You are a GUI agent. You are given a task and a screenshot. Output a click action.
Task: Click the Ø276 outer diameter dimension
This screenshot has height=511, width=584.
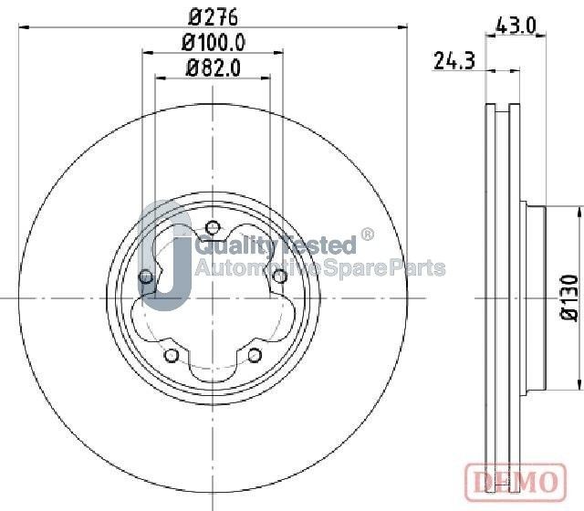pos(213,15)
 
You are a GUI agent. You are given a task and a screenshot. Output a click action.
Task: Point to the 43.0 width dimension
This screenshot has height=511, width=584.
pos(516,26)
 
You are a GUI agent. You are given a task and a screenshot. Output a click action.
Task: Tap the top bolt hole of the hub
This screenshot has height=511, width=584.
pos(213,227)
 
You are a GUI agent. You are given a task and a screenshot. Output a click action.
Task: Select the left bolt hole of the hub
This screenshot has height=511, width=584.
pos(145,276)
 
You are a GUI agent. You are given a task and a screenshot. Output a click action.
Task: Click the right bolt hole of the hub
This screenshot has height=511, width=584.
pos(280,276)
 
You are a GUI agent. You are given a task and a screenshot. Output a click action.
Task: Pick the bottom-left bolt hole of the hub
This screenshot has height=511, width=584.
pos(171,355)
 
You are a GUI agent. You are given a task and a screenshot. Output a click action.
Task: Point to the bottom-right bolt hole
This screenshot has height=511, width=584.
pos(255,355)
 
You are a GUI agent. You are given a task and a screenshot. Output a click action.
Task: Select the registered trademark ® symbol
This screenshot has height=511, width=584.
pos(368,235)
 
